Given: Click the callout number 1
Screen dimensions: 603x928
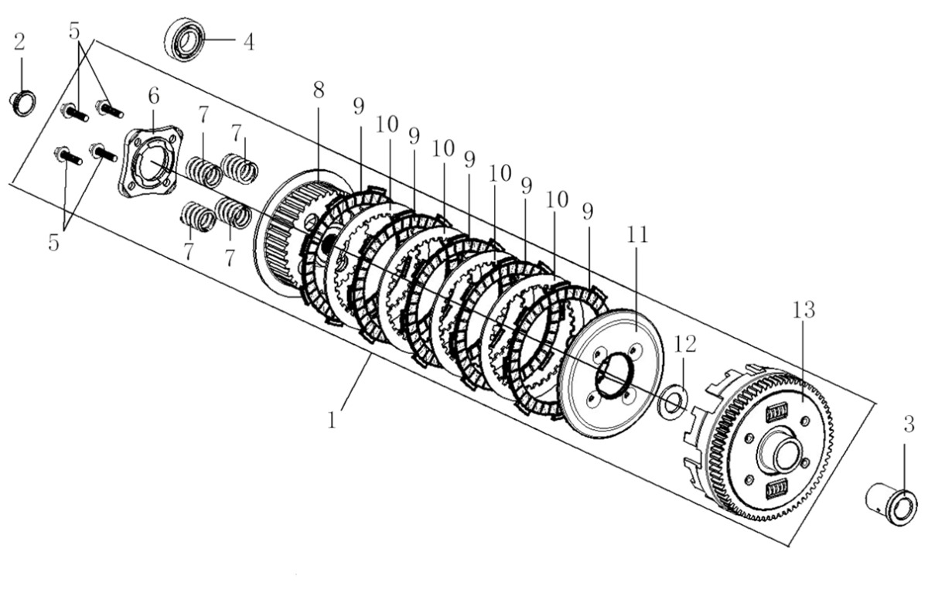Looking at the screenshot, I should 333,421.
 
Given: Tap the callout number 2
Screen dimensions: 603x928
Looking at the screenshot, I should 20,42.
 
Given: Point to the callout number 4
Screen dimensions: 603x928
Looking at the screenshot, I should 247,42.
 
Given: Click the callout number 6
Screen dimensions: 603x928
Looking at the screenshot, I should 154,96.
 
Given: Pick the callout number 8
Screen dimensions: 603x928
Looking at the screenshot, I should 319,90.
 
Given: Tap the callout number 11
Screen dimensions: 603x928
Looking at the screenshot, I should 639,235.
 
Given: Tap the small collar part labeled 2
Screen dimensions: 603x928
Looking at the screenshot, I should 22,103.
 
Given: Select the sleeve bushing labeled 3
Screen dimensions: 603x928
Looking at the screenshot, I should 891,504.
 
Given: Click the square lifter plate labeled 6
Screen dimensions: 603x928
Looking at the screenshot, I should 150,162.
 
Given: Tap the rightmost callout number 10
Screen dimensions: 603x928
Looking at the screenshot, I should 554,200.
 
